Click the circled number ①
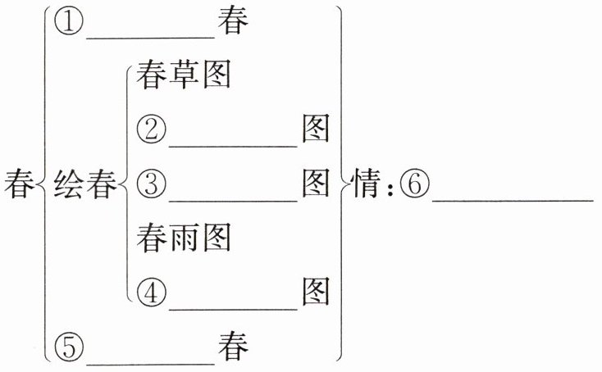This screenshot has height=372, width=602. click(69, 22)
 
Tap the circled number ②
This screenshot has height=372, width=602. click(152, 129)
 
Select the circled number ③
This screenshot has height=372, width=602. click(152, 184)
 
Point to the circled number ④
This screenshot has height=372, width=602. click(152, 291)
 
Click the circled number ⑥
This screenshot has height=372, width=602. click(415, 184)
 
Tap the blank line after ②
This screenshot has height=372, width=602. click(233, 143)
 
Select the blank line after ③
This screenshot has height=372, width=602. click(233, 197)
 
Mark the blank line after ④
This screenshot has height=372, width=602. click(233, 305)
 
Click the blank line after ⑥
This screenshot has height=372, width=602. click(510, 197)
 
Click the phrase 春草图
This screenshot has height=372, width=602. click(184, 75)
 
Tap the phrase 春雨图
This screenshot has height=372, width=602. click(184, 237)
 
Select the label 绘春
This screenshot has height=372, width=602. click(84, 184)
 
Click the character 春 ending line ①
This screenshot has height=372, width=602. click(233, 22)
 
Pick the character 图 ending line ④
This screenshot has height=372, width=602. click(316, 291)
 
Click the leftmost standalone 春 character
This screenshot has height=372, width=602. click(18, 184)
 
